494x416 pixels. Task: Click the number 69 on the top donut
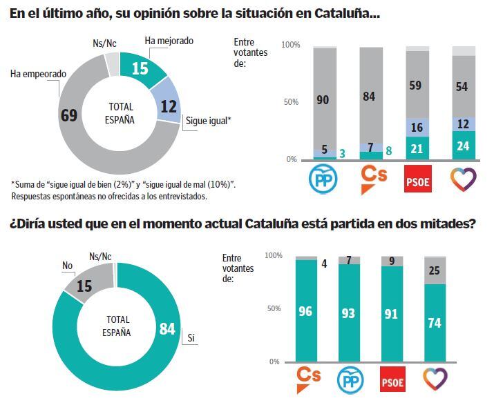coord(68,115)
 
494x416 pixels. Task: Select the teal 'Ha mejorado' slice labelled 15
coord(142,68)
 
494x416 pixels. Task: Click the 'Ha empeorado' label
coord(38,73)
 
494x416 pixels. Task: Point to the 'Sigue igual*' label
coord(208,120)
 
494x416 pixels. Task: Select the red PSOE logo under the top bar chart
coord(418,181)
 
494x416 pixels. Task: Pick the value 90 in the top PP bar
coord(324,100)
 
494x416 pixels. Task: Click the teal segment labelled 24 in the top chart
coord(463,146)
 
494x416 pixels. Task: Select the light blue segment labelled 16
coord(417,128)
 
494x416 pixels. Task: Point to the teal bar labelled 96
coord(306,310)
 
